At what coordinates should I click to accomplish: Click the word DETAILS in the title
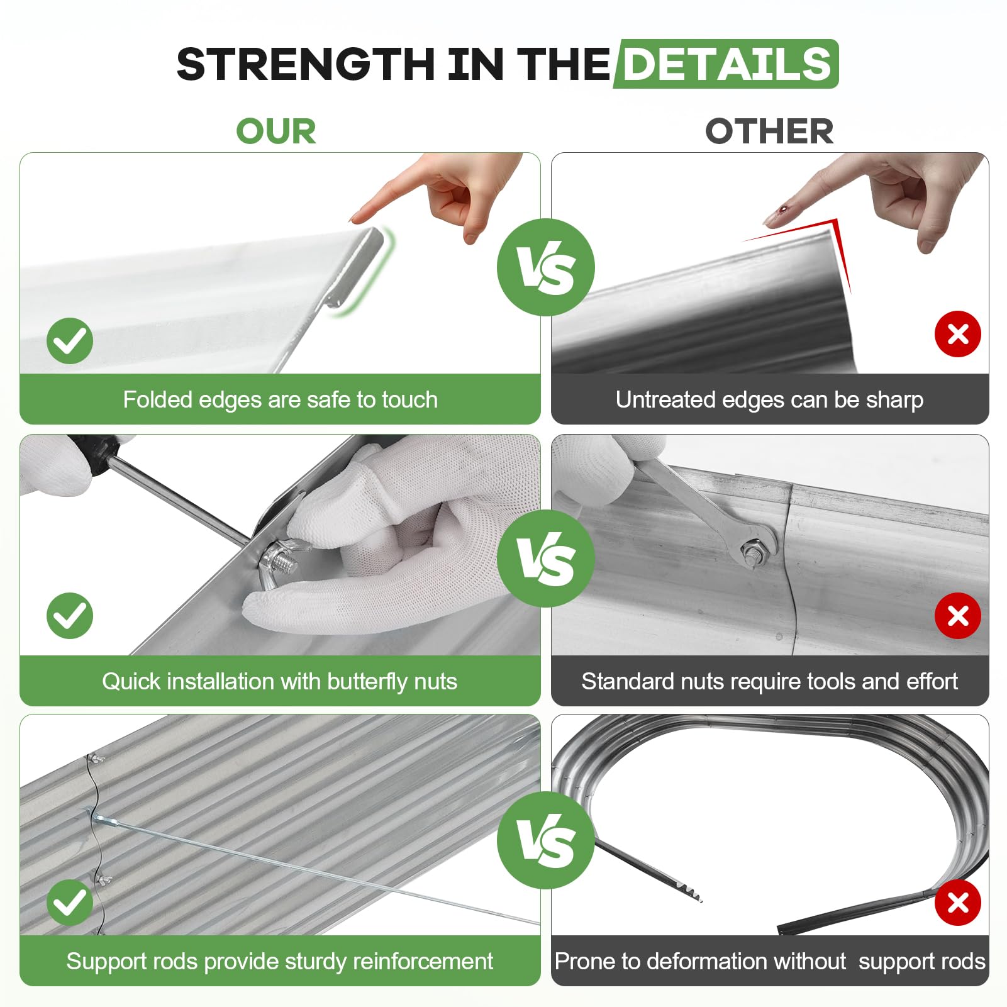point(727,64)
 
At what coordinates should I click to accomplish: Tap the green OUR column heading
point(276,131)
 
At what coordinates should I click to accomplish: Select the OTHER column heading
point(769,131)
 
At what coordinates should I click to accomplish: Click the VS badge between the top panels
point(546,267)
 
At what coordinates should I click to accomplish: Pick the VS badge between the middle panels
point(546,559)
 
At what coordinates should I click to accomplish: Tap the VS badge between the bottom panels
point(546,840)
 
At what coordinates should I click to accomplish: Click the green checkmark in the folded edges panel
point(70,341)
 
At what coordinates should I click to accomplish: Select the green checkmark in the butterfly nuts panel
point(70,616)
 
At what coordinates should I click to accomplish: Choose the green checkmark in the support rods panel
point(70,903)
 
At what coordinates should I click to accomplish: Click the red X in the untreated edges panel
point(958,334)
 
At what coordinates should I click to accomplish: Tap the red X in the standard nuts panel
point(958,616)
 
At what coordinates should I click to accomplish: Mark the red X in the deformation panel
point(958,903)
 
